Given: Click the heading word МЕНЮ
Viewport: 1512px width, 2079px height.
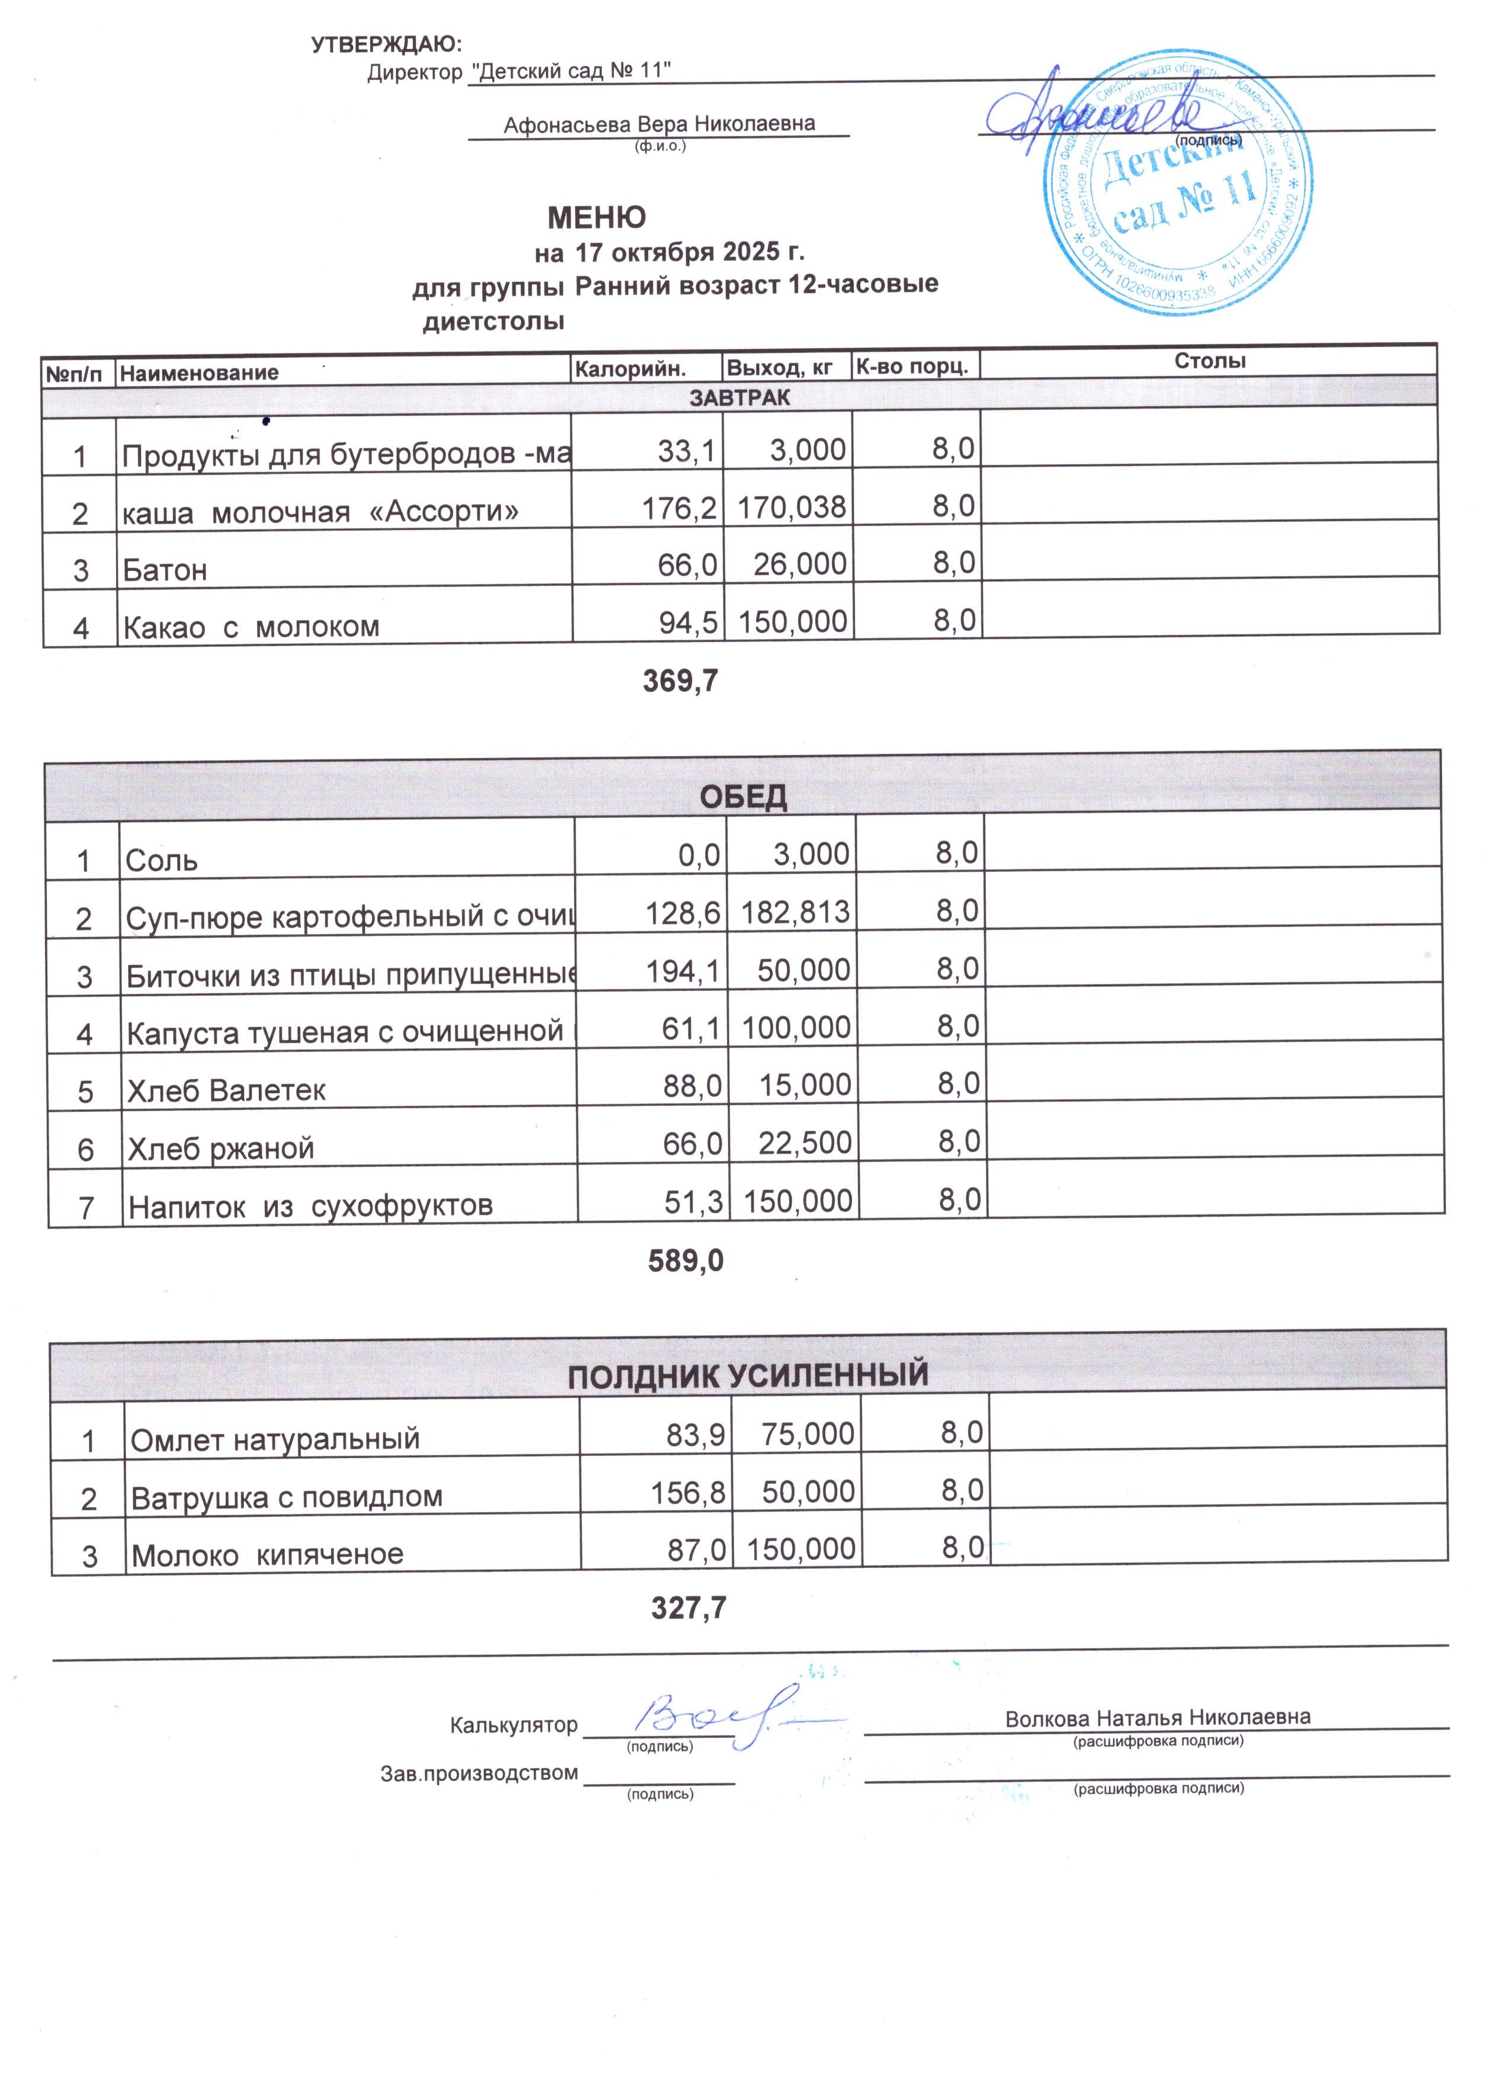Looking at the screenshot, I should pos(596,217).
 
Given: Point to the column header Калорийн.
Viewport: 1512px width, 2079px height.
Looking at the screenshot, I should pos(630,368).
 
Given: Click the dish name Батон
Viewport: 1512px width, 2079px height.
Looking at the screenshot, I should pos(165,569).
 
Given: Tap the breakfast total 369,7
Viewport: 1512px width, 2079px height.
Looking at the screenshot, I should pos(680,680).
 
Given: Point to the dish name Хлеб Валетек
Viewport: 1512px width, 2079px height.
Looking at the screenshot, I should pos(226,1090).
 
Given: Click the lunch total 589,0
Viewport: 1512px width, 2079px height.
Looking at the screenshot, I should pos(686,1260).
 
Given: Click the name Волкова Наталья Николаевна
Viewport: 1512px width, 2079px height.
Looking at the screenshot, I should pos(1157,1717).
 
